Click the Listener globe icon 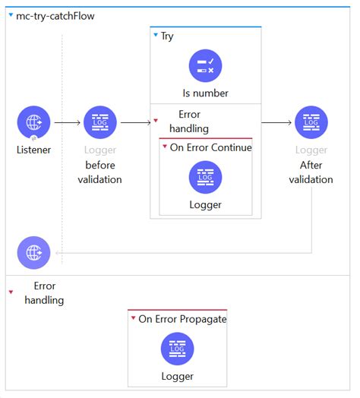33,122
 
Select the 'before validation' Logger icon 99,122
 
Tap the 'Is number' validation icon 205,66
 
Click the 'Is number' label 205,93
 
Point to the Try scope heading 166,36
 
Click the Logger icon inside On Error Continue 205,177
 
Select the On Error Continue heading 210,147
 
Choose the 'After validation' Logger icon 311,122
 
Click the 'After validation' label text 311,172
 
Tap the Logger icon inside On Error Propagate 177,349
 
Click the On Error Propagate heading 182,319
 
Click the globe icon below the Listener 33,253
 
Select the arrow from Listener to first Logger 67,122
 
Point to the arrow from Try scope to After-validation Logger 277,122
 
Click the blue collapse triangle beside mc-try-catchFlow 10,15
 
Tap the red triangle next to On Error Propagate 133,319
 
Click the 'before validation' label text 99,172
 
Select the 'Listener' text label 33,150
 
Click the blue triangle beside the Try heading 155,36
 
